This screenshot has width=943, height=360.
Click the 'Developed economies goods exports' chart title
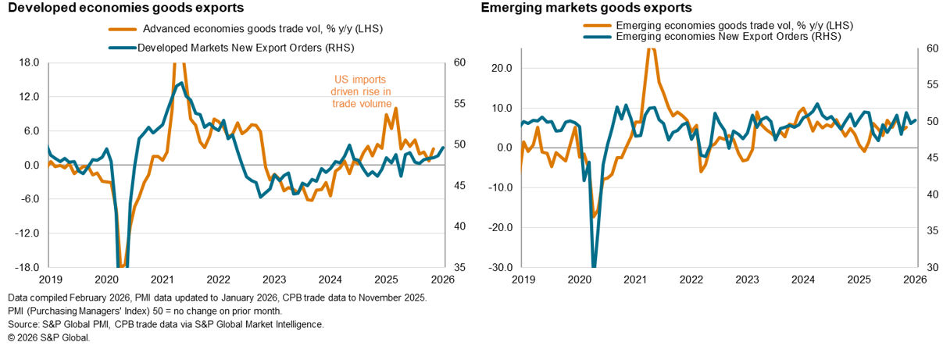point(122,9)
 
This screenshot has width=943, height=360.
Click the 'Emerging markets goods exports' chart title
point(587,9)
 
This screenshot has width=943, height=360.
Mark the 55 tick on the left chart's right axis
point(459,104)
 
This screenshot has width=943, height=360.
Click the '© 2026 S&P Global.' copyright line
point(48,338)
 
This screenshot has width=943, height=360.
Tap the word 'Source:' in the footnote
point(23,324)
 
